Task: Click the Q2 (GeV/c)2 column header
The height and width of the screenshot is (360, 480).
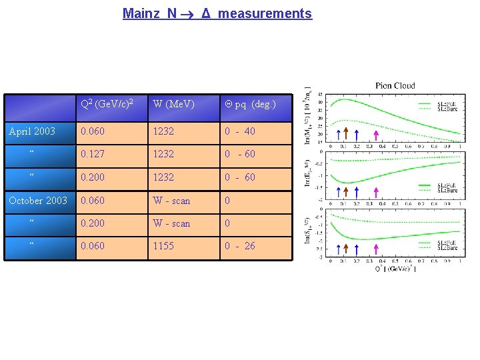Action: [x=106, y=103]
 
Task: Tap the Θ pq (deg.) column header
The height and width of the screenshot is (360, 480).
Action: [x=249, y=104]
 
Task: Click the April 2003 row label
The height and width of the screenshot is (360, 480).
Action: [x=32, y=131]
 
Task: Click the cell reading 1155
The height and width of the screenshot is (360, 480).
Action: [x=163, y=246]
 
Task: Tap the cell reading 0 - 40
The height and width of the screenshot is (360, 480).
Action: [x=239, y=131]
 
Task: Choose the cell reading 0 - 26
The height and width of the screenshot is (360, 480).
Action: [x=239, y=246]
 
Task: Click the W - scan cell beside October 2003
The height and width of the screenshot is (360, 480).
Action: [x=171, y=200]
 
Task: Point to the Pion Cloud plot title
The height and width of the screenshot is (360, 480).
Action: [x=395, y=85]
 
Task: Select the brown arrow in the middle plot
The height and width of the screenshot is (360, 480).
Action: [x=346, y=192]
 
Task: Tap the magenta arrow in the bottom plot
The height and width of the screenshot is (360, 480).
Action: [x=376, y=249]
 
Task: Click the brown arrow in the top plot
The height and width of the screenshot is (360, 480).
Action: [x=346, y=133]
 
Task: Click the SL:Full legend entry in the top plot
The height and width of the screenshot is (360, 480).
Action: [x=447, y=104]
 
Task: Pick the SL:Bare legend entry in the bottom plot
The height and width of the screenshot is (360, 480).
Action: [x=447, y=248]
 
